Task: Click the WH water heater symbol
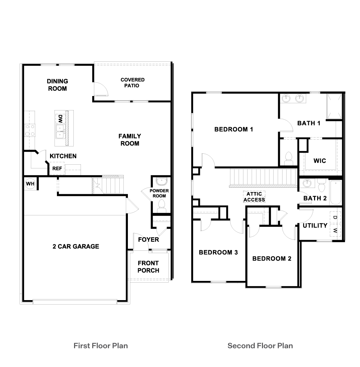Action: tap(30, 184)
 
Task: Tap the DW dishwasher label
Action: tap(60, 119)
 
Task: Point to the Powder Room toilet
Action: tap(161, 206)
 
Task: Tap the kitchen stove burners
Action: tap(29, 130)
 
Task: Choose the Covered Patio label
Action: tap(132, 82)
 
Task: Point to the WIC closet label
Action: tap(320, 161)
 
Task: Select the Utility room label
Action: tap(315, 225)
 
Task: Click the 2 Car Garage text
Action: tap(76, 246)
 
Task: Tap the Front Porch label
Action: tap(148, 267)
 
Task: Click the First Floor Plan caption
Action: tap(100, 345)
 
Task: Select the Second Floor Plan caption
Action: tap(260, 345)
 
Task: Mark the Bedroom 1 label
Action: tap(233, 129)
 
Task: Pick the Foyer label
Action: tap(148, 239)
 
